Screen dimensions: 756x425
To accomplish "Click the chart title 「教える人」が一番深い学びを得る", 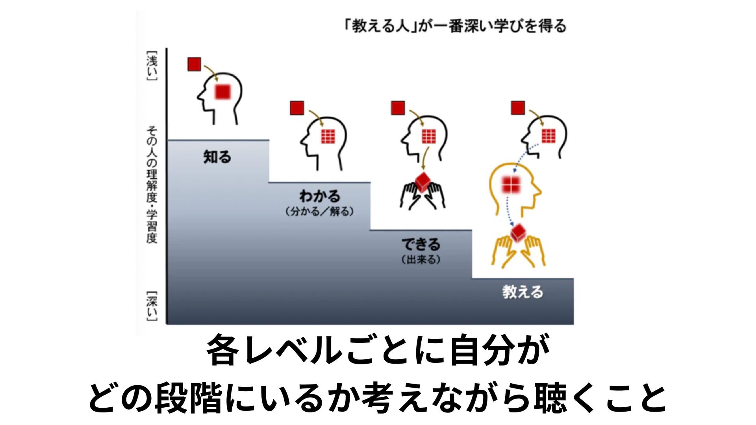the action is click(455, 26).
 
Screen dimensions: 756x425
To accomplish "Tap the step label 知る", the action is click(217, 157).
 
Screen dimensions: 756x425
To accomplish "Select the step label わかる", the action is click(319, 196).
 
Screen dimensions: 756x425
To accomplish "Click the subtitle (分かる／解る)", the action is click(319, 212).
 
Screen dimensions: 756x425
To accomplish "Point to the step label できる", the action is click(421, 244).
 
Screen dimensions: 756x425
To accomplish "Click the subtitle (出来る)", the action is click(421, 260).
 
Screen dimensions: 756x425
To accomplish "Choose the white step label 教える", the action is click(523, 292).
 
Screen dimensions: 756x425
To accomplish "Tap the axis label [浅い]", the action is click(152, 65).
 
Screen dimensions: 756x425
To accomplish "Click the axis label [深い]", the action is click(152, 306).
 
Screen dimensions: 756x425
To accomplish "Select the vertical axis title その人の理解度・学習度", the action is click(152, 184).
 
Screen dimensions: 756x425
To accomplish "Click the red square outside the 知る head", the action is click(194, 64).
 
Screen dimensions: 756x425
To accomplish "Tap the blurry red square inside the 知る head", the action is click(222, 92).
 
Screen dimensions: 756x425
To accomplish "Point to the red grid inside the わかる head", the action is click(328, 136).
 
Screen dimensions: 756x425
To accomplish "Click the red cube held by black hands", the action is click(423, 181).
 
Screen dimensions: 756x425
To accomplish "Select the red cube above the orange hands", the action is click(518, 233).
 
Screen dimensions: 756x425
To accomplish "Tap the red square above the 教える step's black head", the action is click(518, 108).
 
